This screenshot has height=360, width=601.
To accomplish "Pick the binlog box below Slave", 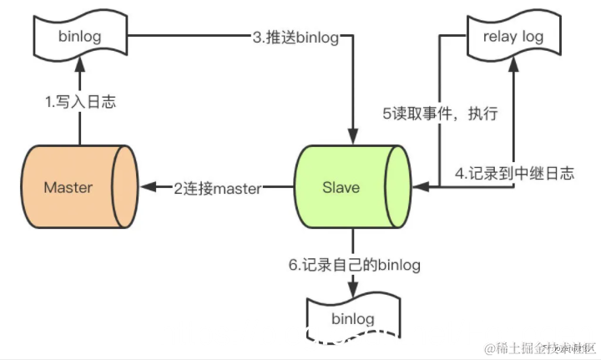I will tap(353, 318).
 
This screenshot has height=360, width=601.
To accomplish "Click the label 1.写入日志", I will tap(79, 103).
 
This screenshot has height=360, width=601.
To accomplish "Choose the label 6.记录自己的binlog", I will tap(354, 265).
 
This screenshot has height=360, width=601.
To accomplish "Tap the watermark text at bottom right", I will tap(534, 347).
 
